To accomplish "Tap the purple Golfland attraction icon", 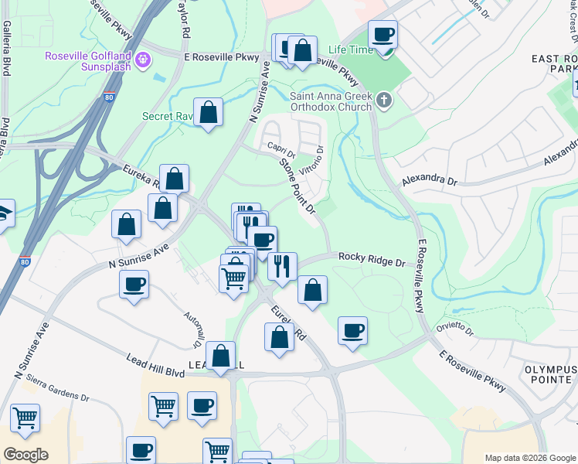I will (x=142, y=60).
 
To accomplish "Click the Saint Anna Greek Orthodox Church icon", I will (x=384, y=100).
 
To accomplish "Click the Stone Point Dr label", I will (x=297, y=186).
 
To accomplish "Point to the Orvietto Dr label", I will (x=459, y=326).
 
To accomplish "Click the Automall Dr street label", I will (x=192, y=329).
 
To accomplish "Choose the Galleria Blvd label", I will (x=5, y=48).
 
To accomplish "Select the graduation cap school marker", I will (x=4, y=213).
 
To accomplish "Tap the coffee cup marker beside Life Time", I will (x=382, y=35).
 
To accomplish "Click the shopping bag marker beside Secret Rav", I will (x=208, y=113).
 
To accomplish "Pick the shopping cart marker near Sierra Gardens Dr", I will (x=25, y=418).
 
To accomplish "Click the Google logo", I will (x=25, y=454).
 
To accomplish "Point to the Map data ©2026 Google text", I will (x=529, y=457).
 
